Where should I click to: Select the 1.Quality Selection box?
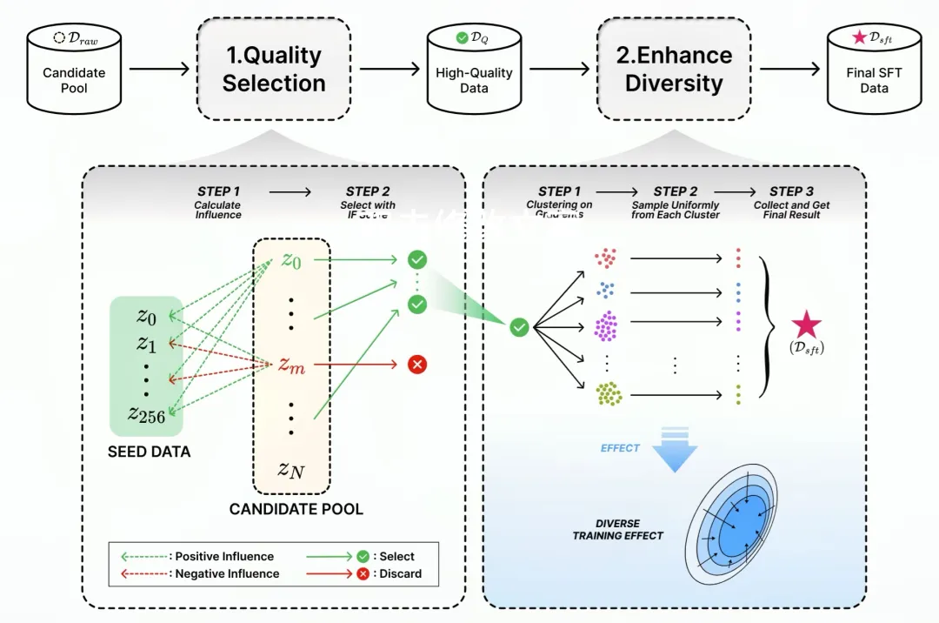click(274, 70)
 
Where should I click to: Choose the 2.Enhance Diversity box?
click(674, 70)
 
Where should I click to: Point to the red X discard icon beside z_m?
click(417, 365)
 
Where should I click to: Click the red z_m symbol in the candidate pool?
click(291, 365)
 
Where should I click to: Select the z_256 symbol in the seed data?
click(146, 414)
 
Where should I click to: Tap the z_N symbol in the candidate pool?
click(291, 470)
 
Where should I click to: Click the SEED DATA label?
click(149, 452)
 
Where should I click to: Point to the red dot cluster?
click(606, 258)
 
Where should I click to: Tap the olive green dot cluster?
click(609, 394)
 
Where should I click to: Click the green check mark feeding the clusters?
click(519, 327)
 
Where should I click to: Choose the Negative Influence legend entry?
click(201, 573)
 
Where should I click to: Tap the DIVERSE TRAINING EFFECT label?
click(617, 530)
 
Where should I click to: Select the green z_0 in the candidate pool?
click(291, 259)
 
